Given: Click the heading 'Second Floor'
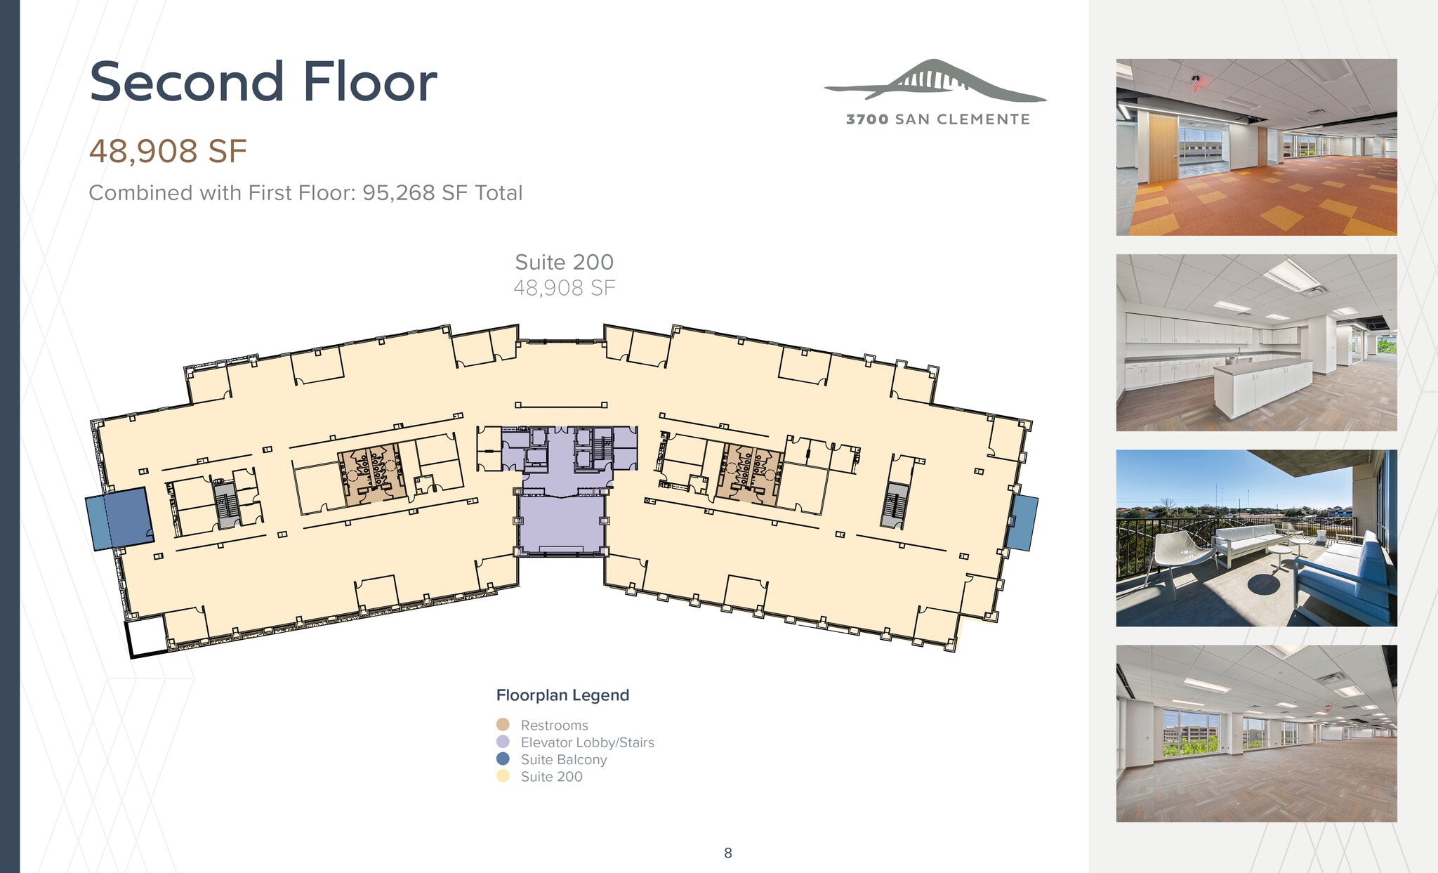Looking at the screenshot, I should coord(263,82).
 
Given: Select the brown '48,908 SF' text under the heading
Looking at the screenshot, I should coord(168,151).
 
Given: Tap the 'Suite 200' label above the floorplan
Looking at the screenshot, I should coord(564,262).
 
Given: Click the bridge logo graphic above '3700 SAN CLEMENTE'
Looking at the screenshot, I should coord(935,80).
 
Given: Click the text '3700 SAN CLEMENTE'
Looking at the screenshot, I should coord(937,119).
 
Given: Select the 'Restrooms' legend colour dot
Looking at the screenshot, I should coord(503,724).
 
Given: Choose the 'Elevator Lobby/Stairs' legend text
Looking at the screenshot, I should coord(587,742).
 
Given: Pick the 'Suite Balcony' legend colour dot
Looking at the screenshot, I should coord(503,759).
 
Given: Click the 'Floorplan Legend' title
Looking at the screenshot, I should coord(562,695).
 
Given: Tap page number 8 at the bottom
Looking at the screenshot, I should coord(728,853).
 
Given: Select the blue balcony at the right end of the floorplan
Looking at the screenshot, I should coord(1022,523).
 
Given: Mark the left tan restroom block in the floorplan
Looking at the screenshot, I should coord(372,475).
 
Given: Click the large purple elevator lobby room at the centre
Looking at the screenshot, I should coord(561,523).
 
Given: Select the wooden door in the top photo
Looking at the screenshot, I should coord(1161,148).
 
